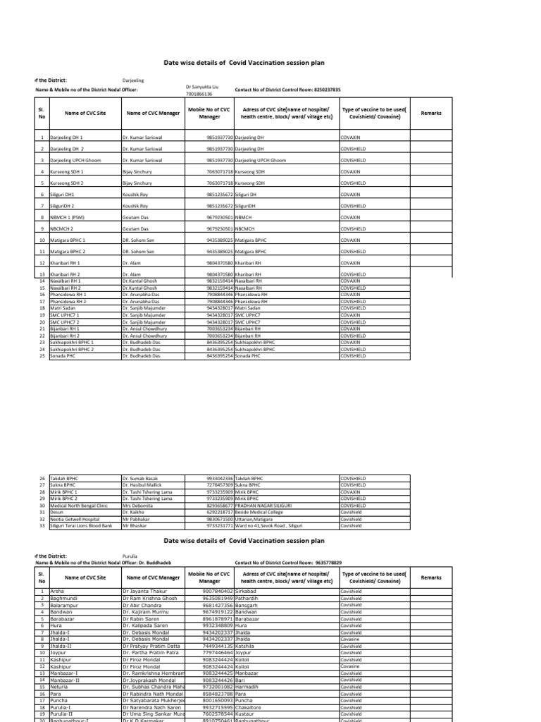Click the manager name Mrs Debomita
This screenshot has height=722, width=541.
click(x=137, y=506)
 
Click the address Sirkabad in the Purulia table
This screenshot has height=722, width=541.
click(x=247, y=591)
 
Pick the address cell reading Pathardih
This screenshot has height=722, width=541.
click(x=247, y=598)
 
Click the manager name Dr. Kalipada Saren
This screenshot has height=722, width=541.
click(x=147, y=625)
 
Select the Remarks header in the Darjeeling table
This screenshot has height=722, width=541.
click(x=430, y=113)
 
